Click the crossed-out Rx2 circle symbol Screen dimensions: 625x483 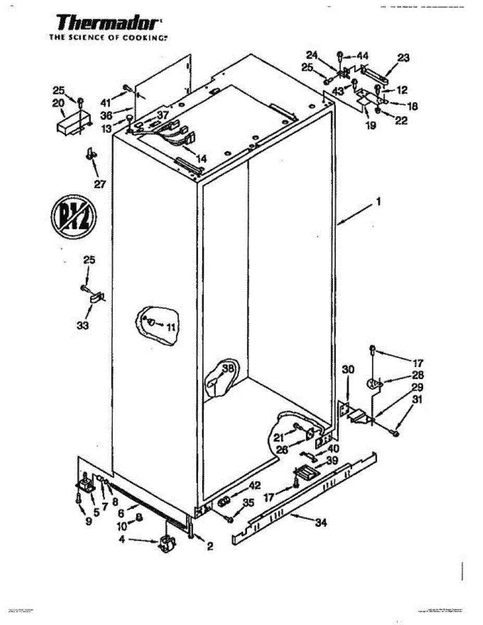pyautogui.click(x=72, y=213)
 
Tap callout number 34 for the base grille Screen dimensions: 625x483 pyautogui.click(x=321, y=523)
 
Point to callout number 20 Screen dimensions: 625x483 pyautogui.click(x=58, y=103)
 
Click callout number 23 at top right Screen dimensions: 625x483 pyautogui.click(x=403, y=58)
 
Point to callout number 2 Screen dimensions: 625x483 pyautogui.click(x=210, y=546)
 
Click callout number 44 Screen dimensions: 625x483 pyautogui.click(x=362, y=55)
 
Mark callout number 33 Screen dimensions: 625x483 pyautogui.click(x=82, y=326)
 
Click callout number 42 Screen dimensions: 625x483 pyautogui.click(x=254, y=486)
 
